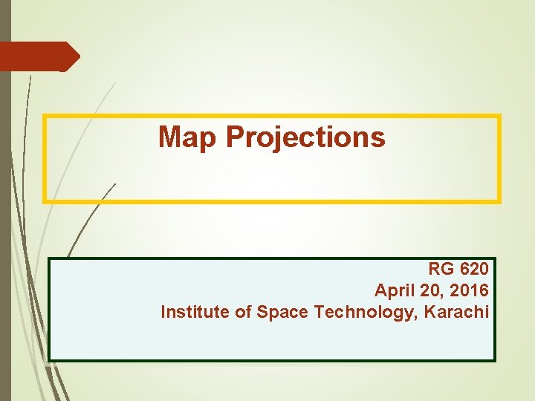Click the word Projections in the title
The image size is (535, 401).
(305, 137)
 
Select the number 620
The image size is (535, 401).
(474, 269)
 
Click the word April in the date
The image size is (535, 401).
(394, 290)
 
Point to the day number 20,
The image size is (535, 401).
(432, 290)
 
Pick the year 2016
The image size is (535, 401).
(470, 290)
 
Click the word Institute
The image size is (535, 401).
(195, 312)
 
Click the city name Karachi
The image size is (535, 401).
(458, 312)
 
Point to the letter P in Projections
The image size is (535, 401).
(235, 137)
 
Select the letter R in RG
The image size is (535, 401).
(435, 269)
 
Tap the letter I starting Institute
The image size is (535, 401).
(163, 312)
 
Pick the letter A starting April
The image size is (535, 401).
(380, 290)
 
